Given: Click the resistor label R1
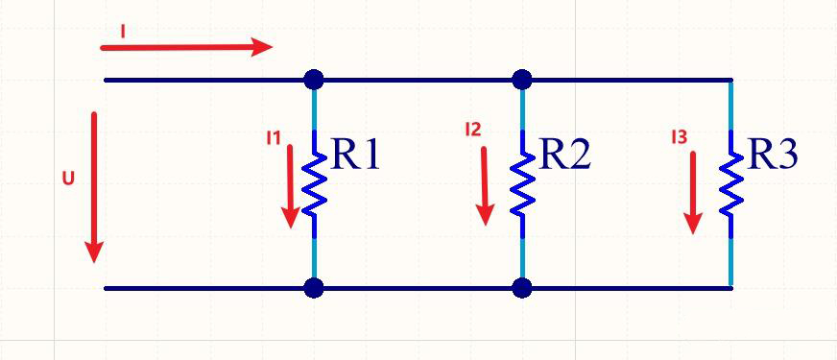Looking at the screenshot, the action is pos(355,155).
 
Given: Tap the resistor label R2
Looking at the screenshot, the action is pos(564,155).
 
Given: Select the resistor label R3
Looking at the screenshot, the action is pos(773,155).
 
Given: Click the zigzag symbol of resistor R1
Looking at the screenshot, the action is pos(315,184).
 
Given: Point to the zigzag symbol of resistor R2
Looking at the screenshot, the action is pos(522,184).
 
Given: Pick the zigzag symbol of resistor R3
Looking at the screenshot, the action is pos(730,184).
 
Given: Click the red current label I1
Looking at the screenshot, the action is pos(274,138).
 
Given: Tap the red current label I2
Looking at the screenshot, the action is pos(473,130).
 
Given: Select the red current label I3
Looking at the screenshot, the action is pos(679,138).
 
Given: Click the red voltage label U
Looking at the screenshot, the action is pos(68,179).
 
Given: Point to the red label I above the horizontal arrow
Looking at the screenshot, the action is pos(123,32).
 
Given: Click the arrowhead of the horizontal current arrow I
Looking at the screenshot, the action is pos(261,46).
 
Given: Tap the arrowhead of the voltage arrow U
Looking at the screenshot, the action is pos(94,252).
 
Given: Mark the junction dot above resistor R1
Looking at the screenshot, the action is pos(314,80).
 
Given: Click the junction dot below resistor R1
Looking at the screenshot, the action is pos(314,288).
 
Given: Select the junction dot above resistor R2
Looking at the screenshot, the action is pos(521,80).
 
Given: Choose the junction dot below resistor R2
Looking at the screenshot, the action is pos(521,288).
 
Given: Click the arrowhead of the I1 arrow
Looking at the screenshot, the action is pos(291,217).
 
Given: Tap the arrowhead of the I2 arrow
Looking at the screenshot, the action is pos(486,215).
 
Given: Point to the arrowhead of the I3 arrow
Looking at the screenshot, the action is pos(693,223).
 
